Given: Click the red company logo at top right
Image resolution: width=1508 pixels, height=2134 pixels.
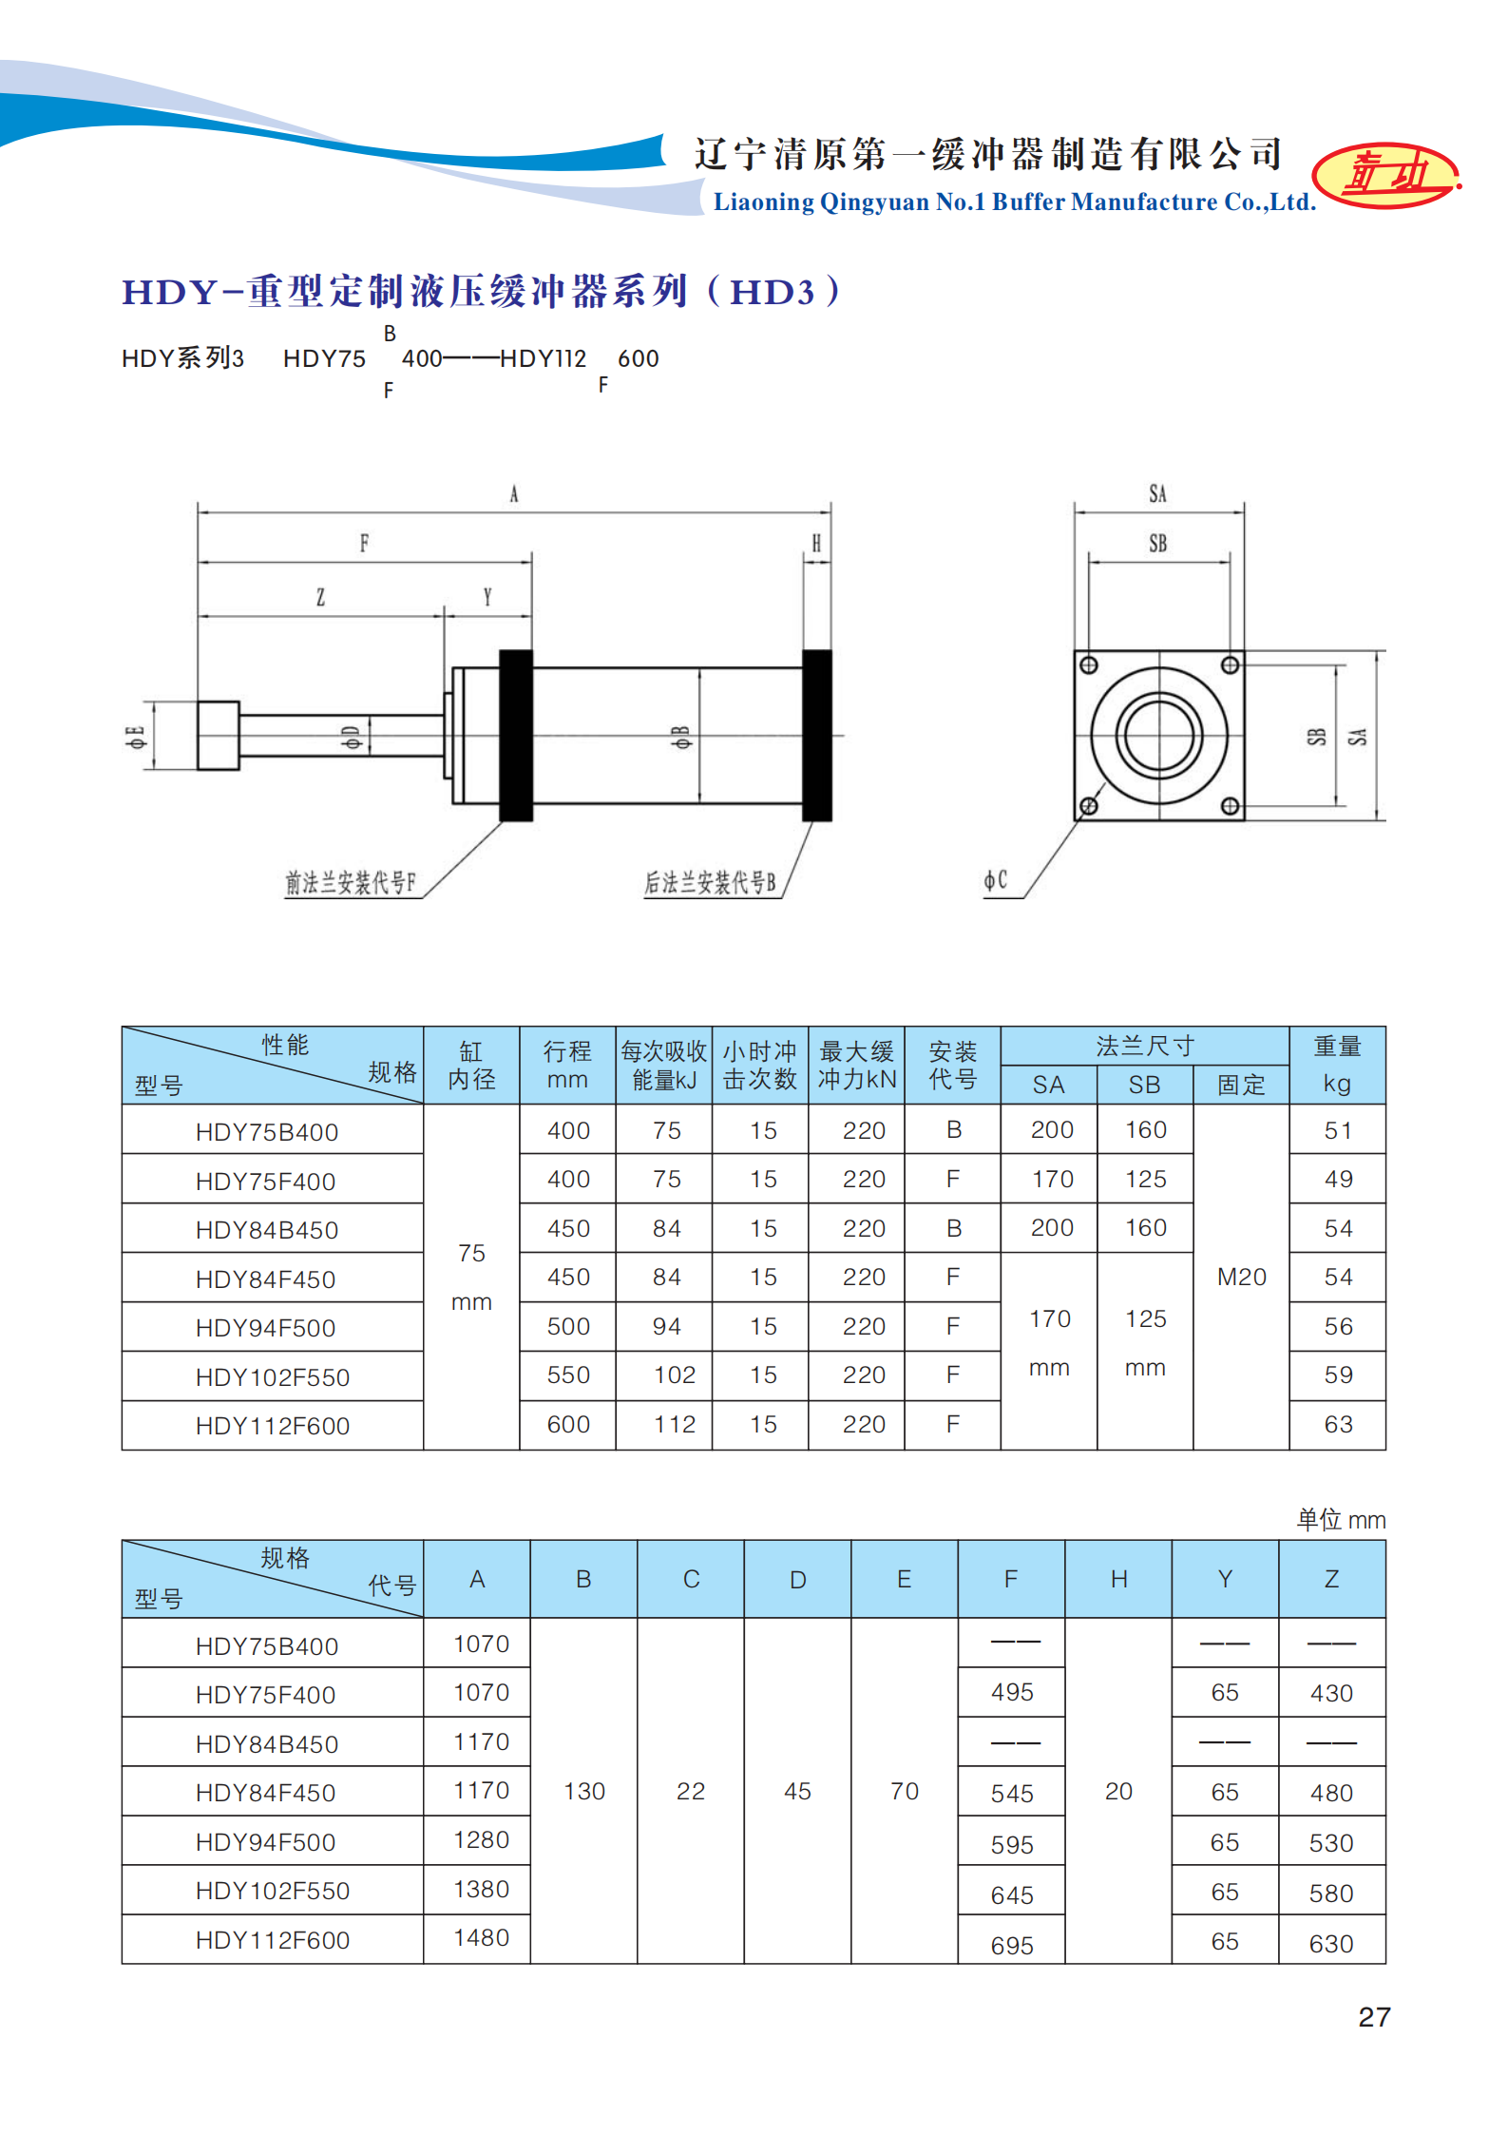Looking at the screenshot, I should tap(1385, 176).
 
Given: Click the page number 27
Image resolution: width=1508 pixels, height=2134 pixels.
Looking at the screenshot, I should tap(1374, 2017).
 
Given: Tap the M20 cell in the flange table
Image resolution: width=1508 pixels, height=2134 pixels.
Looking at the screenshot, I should tap(1241, 1277).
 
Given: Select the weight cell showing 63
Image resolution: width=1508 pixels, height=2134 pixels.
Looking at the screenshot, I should tap(1338, 1424).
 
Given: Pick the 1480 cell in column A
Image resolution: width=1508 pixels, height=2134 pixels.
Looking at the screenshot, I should tap(481, 1937).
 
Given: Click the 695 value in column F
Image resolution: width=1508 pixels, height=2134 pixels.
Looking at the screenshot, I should tap(1011, 1946).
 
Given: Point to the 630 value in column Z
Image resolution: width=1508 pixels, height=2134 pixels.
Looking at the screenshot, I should tap(1330, 1944).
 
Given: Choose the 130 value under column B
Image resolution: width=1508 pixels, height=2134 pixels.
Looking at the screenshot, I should tap(583, 1791).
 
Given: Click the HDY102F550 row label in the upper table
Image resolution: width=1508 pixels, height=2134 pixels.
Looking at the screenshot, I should tap(273, 1377).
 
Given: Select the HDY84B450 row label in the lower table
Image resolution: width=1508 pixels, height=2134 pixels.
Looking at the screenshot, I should tap(267, 1744).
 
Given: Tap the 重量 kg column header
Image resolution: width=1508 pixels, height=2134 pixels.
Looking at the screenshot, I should tap(1337, 1065).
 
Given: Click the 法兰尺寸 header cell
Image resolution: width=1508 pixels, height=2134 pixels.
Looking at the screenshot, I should tap(1144, 1046).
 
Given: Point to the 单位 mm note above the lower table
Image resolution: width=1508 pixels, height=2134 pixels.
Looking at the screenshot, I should tap(1341, 1520).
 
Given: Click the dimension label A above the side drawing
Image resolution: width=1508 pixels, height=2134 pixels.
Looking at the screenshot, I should tap(514, 494).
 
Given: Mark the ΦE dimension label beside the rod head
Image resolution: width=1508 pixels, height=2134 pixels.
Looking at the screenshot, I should tap(136, 737).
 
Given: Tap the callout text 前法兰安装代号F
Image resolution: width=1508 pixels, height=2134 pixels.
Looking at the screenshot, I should tap(351, 883).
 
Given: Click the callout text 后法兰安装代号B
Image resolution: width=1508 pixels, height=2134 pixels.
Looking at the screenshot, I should tap(710, 883).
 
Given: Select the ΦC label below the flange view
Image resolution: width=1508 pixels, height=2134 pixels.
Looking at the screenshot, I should tap(995, 881).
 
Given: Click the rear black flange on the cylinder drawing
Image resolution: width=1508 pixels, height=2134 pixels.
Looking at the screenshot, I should tap(816, 735).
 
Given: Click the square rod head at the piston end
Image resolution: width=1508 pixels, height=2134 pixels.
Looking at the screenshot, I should tap(218, 736).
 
